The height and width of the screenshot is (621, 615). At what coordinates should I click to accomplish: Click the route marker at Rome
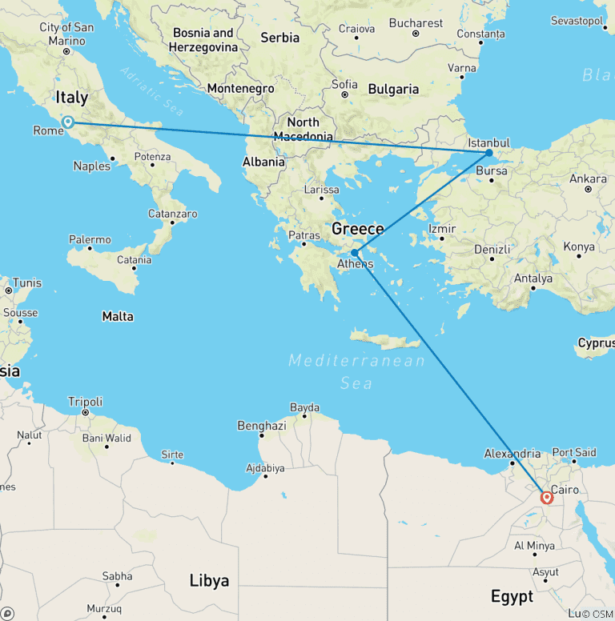[x=68, y=122]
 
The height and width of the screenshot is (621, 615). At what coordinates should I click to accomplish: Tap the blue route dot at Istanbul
[x=489, y=153]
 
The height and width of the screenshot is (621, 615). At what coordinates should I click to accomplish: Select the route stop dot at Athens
[x=354, y=253]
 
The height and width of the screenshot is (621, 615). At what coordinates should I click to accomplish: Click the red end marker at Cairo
[x=547, y=498]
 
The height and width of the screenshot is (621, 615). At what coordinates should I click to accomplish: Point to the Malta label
[x=118, y=317]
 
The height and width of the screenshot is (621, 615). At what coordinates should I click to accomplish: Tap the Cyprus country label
[x=596, y=343]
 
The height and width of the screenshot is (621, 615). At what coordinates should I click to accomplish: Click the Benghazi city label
[x=261, y=426]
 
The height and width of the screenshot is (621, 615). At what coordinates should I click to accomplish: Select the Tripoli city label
[x=85, y=402]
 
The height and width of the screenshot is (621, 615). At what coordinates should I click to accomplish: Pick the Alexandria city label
[x=512, y=453]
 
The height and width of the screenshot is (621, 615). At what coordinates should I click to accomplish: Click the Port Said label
[x=574, y=452]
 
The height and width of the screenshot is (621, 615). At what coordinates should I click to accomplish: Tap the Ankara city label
[x=588, y=178]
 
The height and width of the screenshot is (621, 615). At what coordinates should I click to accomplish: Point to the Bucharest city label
[x=416, y=23]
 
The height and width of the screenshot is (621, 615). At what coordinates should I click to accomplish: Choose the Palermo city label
[x=90, y=239]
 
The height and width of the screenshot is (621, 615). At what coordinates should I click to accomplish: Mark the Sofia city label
[x=344, y=84]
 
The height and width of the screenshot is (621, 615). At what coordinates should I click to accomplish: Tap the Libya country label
[x=209, y=580]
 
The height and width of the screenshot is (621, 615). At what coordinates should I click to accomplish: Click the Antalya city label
[x=534, y=278]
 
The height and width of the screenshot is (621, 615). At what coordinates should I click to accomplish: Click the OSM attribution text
[x=598, y=614]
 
